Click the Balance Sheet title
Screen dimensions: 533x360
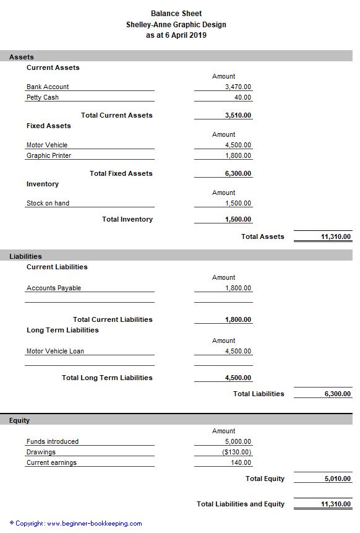176,13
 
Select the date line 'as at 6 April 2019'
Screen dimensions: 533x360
176,35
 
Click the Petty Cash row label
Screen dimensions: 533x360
43,98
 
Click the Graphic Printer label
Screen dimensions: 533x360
48,156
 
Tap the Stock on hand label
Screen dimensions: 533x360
48,203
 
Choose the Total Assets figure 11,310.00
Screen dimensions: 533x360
336,236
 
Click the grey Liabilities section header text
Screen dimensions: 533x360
25,256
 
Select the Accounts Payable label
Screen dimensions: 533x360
54,288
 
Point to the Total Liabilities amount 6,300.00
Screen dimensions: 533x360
337,394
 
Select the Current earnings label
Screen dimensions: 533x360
51,463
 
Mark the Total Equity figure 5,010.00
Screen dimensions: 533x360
337,479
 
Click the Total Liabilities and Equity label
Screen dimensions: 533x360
241,504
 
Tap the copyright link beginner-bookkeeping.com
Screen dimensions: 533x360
94,524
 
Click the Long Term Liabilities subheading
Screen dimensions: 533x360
62,330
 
